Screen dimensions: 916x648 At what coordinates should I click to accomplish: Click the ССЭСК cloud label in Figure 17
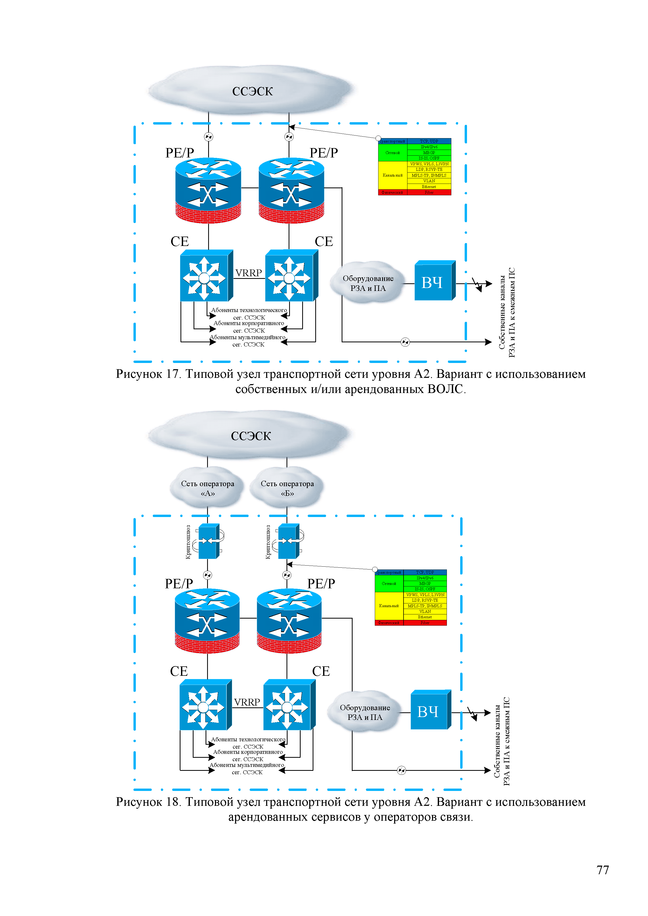pyautogui.click(x=252, y=91)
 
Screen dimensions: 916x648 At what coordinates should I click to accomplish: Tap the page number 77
pyautogui.click(x=603, y=870)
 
